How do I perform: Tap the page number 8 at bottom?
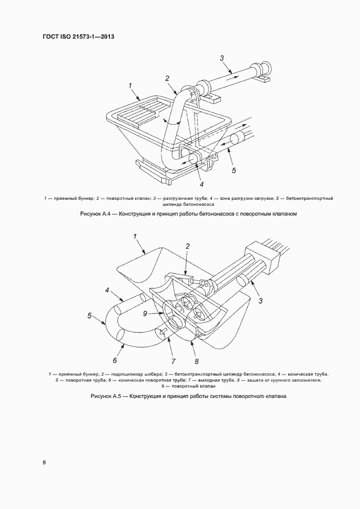click(44, 463)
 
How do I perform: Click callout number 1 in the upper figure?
click(131, 85)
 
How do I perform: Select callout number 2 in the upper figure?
click(167, 78)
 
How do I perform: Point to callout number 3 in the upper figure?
click(222, 58)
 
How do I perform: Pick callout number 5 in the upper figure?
click(234, 170)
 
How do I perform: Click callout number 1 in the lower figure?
click(135, 236)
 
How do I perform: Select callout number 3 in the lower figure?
click(260, 301)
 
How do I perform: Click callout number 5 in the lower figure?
click(89, 315)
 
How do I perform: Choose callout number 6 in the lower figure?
click(115, 360)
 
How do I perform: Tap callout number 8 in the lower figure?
click(196, 360)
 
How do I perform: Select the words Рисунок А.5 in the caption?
click(108, 396)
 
